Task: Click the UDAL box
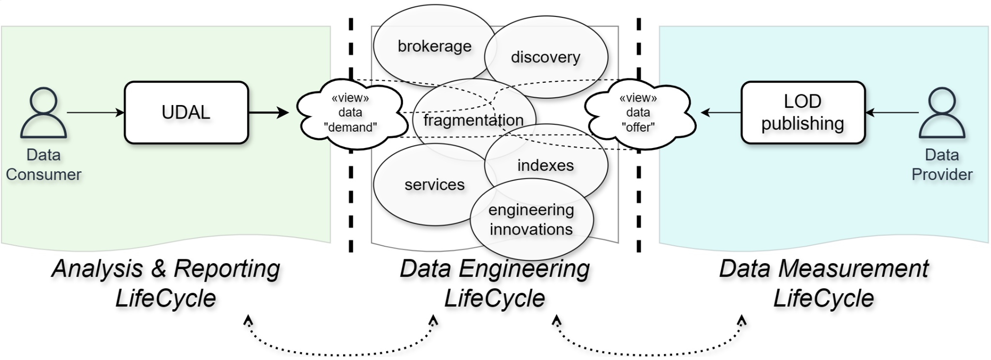pos(186,112)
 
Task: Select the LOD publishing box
pos(803,112)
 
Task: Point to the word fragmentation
pos(473,120)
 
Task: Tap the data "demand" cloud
pos(350,113)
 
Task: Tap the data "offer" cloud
pos(638,113)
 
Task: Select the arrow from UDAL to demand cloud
pos(269,113)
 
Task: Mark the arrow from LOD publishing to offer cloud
pos(721,113)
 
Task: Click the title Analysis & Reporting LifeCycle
pos(166,283)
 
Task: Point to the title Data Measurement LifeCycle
pos(824,283)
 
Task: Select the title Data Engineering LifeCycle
pos(495,283)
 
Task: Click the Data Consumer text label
pos(44,165)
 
